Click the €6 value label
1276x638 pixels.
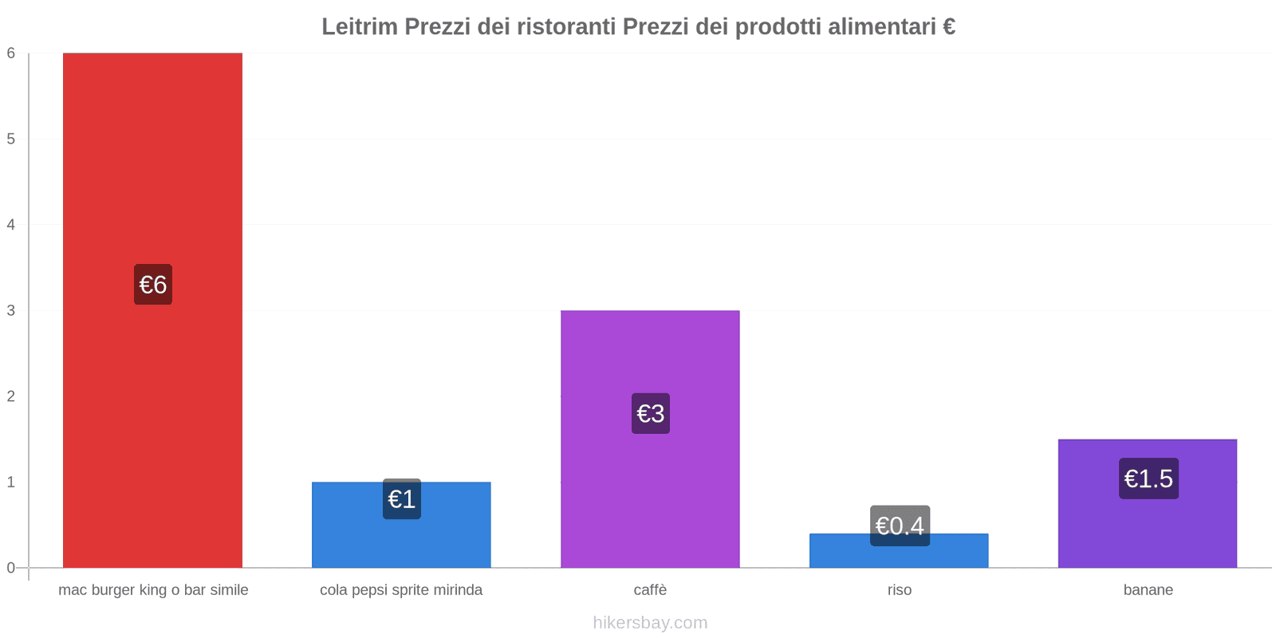[152, 285]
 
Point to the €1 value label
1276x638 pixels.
[401, 499]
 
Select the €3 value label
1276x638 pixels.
[650, 413]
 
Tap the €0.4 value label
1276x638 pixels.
[899, 526]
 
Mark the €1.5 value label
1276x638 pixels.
[1148, 478]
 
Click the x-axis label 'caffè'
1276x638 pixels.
[650, 590]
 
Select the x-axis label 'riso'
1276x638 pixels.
[899, 590]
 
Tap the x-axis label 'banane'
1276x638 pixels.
[1148, 590]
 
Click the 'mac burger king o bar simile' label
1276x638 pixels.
[153, 590]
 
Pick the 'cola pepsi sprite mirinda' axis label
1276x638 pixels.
[401, 590]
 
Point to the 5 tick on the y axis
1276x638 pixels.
[11, 139]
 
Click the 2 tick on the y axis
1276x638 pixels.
[11, 396]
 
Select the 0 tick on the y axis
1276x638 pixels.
[11, 568]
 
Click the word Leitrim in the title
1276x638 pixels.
[359, 26]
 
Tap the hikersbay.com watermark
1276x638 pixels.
[650, 623]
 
